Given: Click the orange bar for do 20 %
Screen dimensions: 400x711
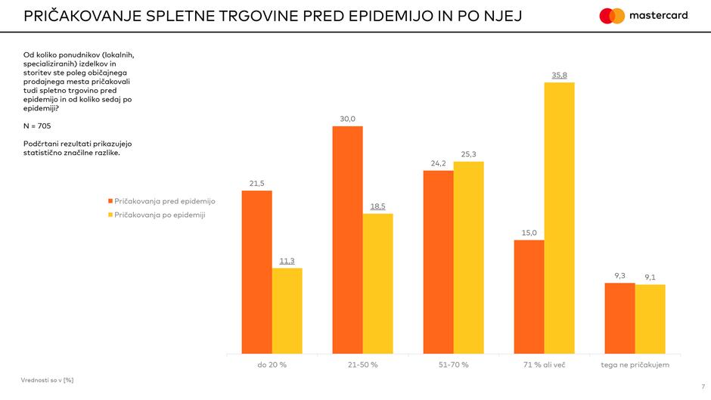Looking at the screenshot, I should tap(256, 272).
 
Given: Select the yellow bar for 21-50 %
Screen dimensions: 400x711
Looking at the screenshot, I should tap(377, 284).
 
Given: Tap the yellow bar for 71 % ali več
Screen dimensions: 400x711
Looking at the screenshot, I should tap(559, 218).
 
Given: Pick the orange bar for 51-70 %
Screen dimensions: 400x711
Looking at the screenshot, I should tap(438, 262).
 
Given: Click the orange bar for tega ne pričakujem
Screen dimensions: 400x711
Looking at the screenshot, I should tap(619, 318).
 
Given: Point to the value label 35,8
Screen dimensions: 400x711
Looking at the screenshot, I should tap(560, 75).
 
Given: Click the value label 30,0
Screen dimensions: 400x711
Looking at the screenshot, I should tap(348, 119).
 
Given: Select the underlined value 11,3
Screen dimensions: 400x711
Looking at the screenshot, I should tap(287, 261).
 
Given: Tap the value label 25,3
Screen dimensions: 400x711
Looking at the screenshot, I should tap(469, 154).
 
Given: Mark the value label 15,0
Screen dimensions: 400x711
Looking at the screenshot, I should tap(529, 233).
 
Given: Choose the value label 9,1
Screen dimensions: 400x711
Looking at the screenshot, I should tap(650, 278).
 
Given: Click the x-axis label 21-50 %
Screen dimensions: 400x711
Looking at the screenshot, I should tap(363, 365).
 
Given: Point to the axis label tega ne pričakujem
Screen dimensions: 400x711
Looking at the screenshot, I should tap(635, 365).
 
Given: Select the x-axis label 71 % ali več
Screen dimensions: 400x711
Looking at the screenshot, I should tap(545, 365).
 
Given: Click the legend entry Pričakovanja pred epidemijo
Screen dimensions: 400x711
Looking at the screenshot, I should tap(165, 201).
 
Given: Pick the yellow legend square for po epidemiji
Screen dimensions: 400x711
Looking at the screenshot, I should tap(110, 215).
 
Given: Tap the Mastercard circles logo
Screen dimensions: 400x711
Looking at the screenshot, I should tap(612, 16).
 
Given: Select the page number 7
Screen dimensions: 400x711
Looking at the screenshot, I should tap(702, 386).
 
